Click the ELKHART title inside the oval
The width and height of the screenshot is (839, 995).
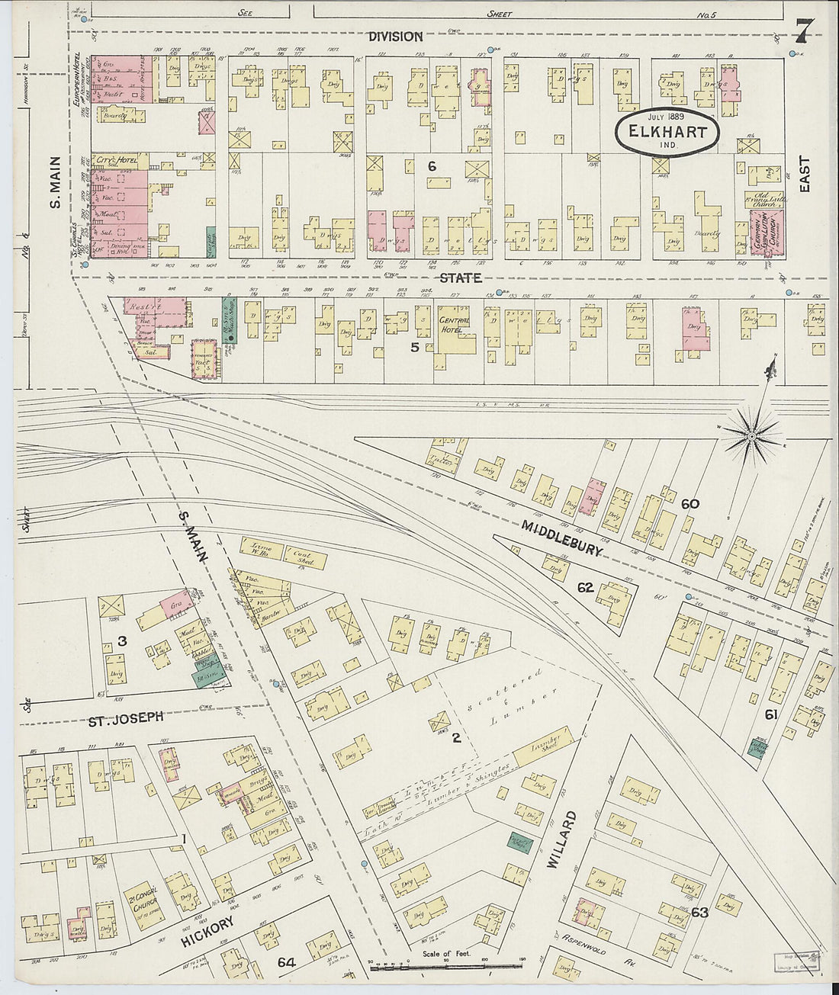[x=667, y=131]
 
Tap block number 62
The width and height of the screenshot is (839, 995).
[x=585, y=587]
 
